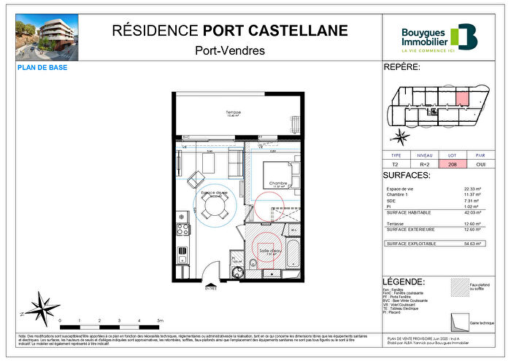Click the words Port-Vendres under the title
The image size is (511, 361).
pyautogui.click(x=230, y=50)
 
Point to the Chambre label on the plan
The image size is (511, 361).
pyautogui.click(x=278, y=183)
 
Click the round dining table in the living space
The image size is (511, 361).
pyautogui.click(x=215, y=207)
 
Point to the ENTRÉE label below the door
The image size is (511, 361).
pyautogui.click(x=211, y=288)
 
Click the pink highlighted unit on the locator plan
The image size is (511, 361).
pyautogui.click(x=462, y=98)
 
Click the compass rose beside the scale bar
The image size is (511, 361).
pyautogui.click(x=42, y=306)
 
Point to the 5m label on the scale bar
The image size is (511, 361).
pyautogui.click(x=161, y=320)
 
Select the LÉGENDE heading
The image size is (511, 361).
pyautogui.click(x=404, y=282)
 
